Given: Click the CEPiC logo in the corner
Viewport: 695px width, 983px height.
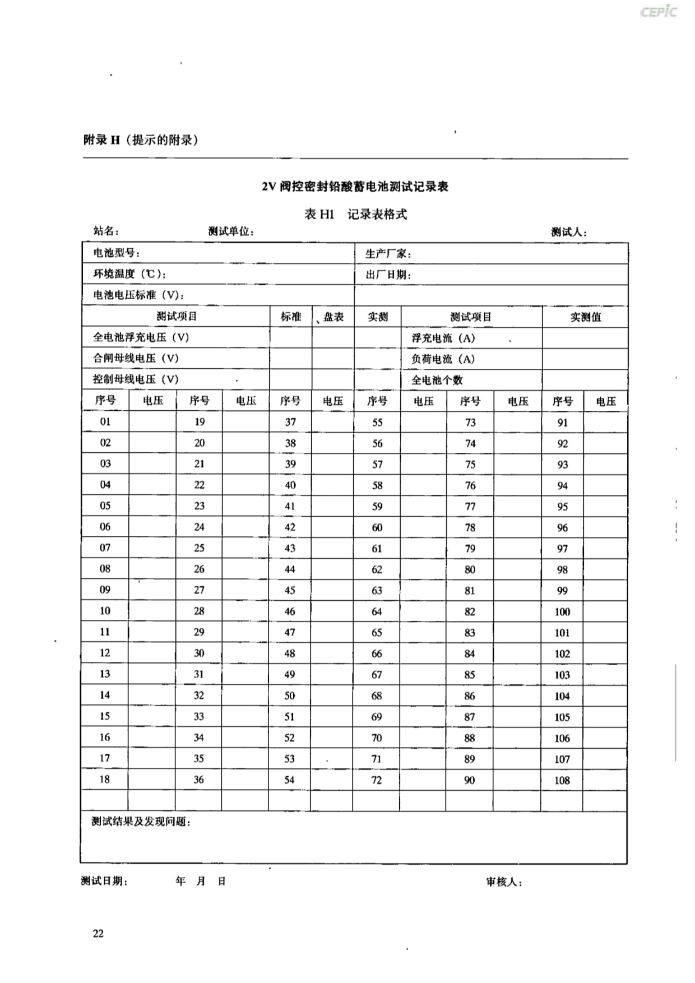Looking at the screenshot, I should tap(658, 12).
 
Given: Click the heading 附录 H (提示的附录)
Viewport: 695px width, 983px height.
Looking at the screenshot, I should tap(141, 140).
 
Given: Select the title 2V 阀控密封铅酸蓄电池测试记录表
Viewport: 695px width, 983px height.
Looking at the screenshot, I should tap(355, 187).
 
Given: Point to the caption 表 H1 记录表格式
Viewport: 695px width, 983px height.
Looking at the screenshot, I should tap(355, 214).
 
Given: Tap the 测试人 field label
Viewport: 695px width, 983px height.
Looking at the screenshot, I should tap(568, 232).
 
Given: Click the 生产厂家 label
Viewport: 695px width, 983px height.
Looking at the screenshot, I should tap(388, 254).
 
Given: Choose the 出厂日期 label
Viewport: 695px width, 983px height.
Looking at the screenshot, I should tap(388, 275).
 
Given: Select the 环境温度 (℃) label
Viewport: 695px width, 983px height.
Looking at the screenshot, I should tap(129, 274).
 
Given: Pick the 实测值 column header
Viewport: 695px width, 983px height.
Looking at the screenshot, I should tap(585, 317).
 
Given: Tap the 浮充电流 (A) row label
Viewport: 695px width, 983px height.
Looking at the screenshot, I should tap(443, 339).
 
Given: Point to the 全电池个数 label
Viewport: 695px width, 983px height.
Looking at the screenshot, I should tap(437, 380).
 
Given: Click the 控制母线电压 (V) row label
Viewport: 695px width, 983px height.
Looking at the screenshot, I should tap(136, 379).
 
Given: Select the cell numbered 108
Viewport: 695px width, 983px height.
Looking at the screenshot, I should tap(562, 780).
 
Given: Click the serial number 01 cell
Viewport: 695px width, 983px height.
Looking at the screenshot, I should tap(105, 422).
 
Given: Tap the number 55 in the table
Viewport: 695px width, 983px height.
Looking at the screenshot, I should tap(377, 423).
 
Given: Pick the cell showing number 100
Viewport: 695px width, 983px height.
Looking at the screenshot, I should tap(562, 611).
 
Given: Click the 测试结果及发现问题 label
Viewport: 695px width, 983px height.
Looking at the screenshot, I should tap(141, 822).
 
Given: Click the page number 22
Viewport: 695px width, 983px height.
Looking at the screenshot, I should tap(98, 933).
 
